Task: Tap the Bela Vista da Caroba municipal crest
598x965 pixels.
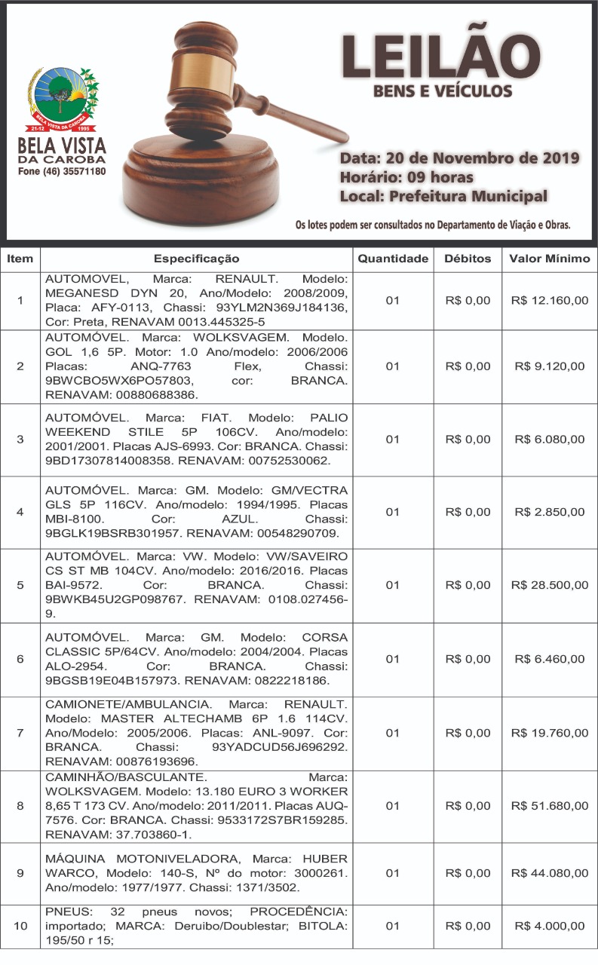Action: tap(62, 97)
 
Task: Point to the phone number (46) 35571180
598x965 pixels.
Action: tap(62, 172)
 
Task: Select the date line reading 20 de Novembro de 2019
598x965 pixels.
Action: tap(459, 158)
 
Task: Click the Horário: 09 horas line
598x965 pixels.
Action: tap(406, 178)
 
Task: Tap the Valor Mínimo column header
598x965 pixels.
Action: tap(550, 259)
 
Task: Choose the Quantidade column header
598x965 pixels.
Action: tap(392, 259)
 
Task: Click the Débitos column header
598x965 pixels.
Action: tap(468, 259)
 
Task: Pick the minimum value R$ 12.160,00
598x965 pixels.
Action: tap(550, 301)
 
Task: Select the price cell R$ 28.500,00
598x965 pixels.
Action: tap(550, 585)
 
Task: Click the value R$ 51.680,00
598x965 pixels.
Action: tap(550, 806)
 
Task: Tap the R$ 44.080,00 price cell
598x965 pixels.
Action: tap(550, 873)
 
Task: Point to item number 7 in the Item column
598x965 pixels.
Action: tap(20, 733)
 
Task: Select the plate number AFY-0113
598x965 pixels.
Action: tap(104, 308)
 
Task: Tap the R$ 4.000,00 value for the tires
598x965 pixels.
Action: tap(550, 926)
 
